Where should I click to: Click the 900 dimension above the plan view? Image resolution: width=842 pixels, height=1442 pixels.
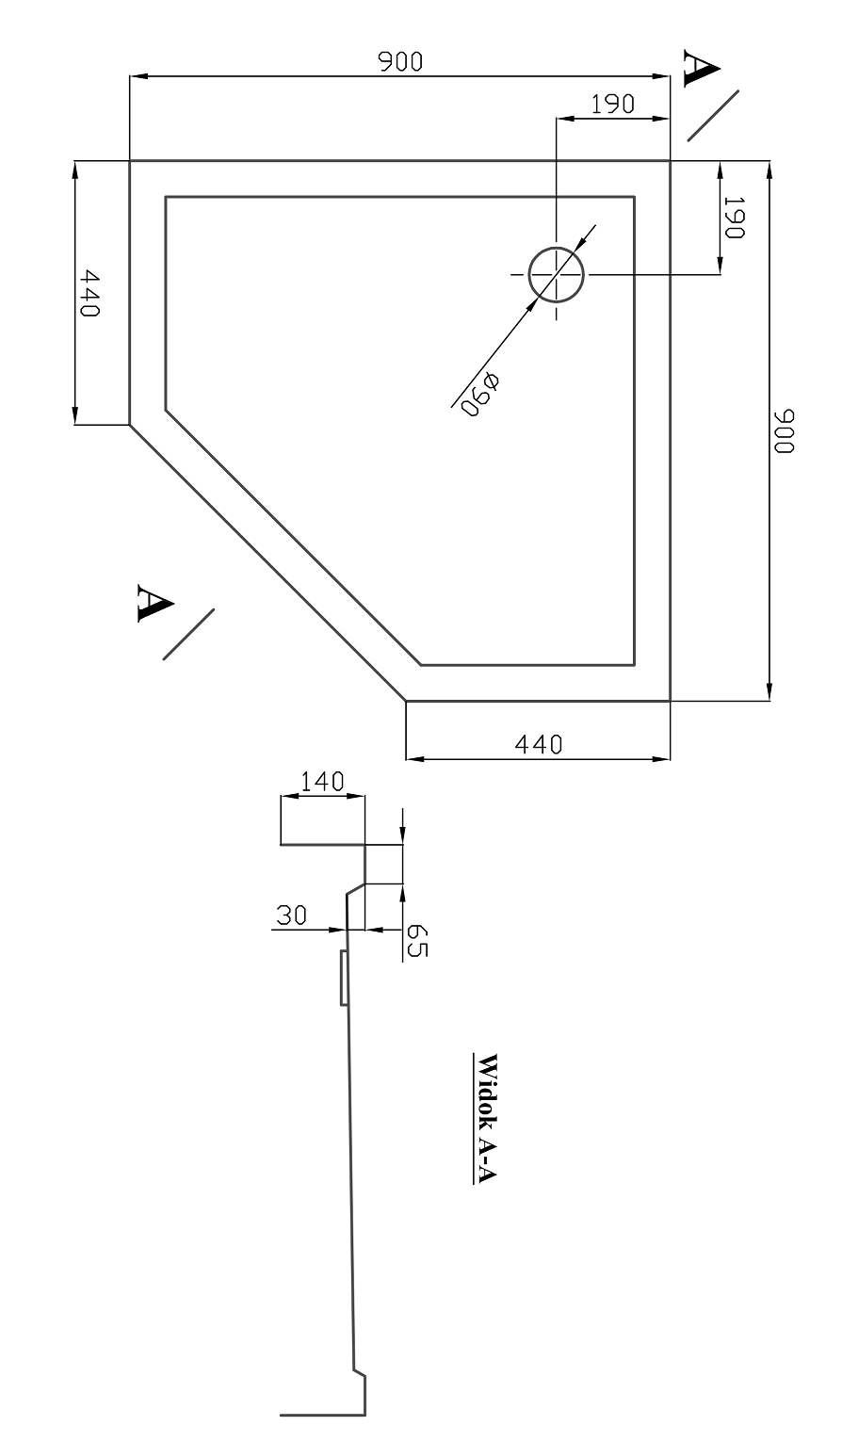399,62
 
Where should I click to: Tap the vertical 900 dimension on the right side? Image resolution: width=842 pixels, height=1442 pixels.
784,430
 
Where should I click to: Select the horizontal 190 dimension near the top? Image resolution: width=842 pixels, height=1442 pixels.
613,104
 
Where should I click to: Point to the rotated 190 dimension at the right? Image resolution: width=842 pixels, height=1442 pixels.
734,218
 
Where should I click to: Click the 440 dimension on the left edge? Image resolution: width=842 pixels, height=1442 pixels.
89,293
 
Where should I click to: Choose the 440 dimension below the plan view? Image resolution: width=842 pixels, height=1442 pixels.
539,745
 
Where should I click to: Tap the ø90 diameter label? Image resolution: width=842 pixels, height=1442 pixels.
481,394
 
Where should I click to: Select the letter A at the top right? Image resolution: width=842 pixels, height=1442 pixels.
701,68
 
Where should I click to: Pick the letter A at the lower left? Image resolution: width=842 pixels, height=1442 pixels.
155,603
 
